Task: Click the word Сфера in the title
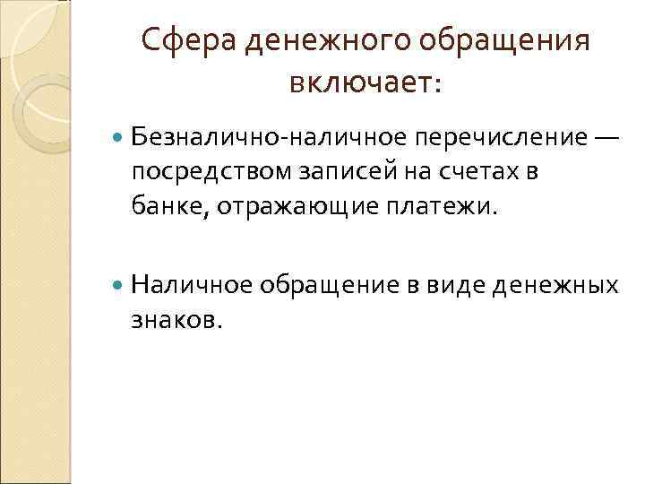184,41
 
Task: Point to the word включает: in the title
366,83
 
